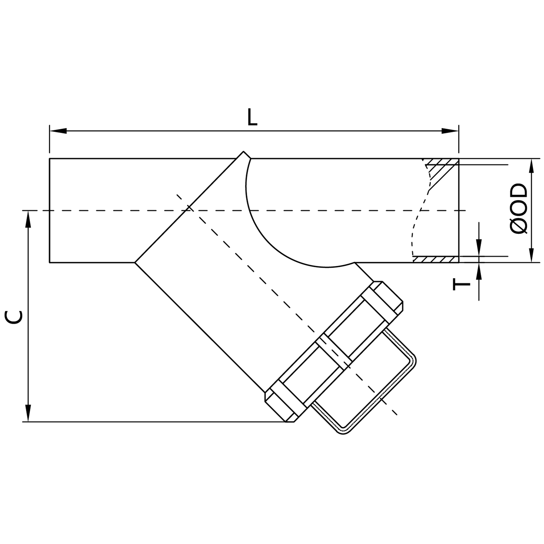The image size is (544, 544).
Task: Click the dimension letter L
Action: [252, 117]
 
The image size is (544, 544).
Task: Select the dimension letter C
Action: [14, 317]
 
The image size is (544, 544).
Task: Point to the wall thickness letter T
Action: [462, 285]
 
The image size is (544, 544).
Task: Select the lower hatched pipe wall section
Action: [435, 259]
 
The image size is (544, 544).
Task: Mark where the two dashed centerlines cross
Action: [189, 210]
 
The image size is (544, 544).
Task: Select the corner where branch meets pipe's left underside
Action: [135, 263]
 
